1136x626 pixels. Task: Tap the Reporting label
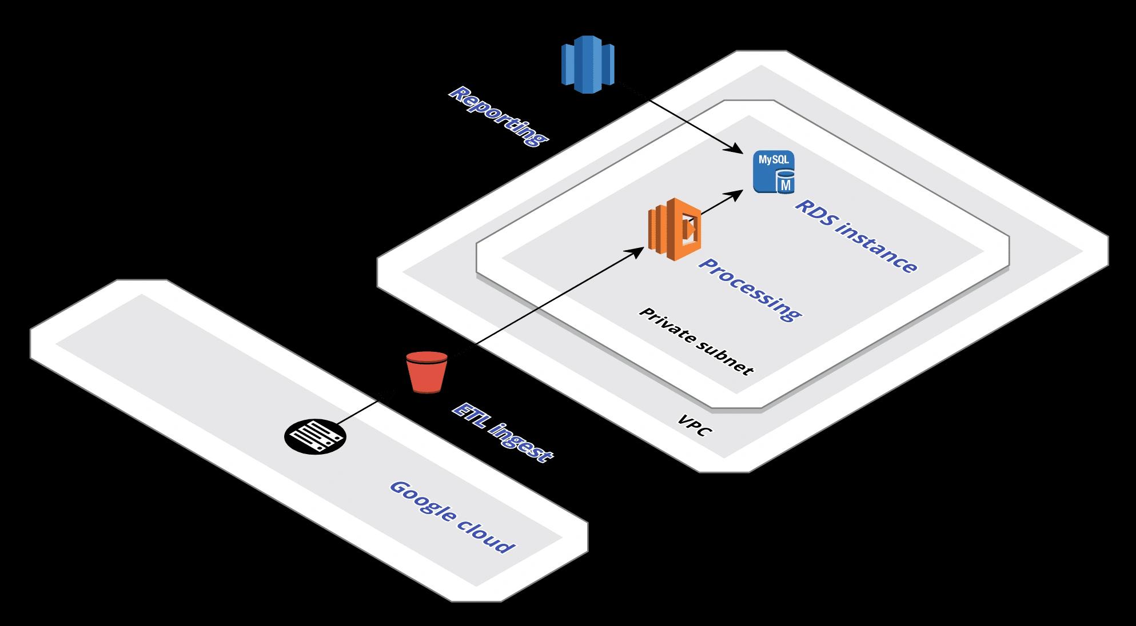(x=498, y=117)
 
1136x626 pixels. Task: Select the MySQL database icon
(x=774, y=172)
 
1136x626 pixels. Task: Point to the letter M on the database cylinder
(x=786, y=185)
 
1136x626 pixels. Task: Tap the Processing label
(x=750, y=290)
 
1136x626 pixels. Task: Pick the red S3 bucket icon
(x=427, y=372)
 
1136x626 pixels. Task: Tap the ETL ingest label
(x=503, y=433)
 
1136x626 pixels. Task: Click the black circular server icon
(x=315, y=436)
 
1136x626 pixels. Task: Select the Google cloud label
(x=452, y=517)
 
